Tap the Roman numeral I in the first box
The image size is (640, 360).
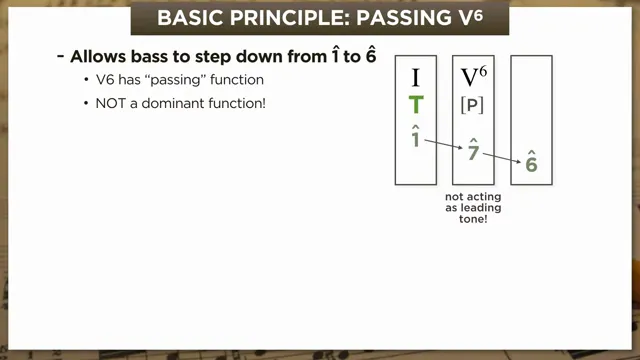[x=416, y=77]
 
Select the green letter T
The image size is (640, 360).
[x=416, y=106]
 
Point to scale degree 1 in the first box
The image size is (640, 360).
[x=416, y=137]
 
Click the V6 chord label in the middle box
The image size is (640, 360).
[x=473, y=77]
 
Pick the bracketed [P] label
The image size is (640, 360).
[x=473, y=106]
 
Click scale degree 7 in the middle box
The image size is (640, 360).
[x=473, y=151]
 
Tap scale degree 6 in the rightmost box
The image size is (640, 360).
[x=531, y=163]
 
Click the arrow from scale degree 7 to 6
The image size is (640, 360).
[x=502, y=157]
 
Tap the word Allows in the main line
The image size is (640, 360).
[x=97, y=57]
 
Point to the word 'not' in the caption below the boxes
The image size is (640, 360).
[x=456, y=197]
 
